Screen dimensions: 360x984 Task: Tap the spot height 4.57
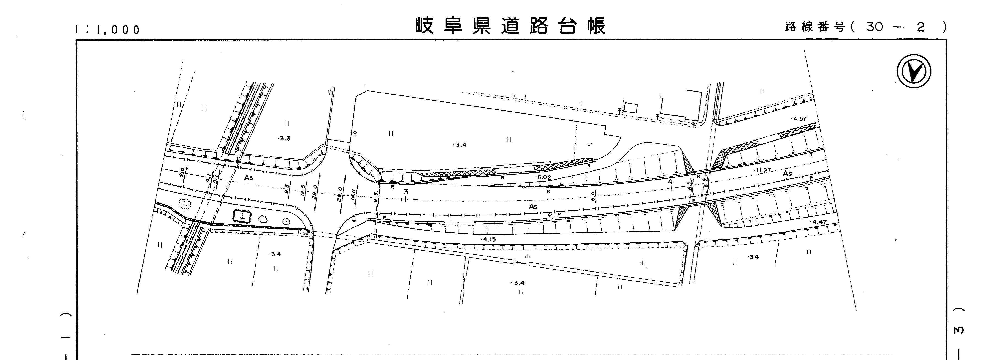point(799,119)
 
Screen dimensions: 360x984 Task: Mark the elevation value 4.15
point(489,240)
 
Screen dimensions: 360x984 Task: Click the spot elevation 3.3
point(284,138)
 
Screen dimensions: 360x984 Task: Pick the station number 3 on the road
point(406,192)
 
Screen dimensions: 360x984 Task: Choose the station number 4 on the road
point(670,182)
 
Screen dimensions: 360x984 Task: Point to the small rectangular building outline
point(631,108)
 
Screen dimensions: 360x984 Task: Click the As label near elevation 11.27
point(787,174)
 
